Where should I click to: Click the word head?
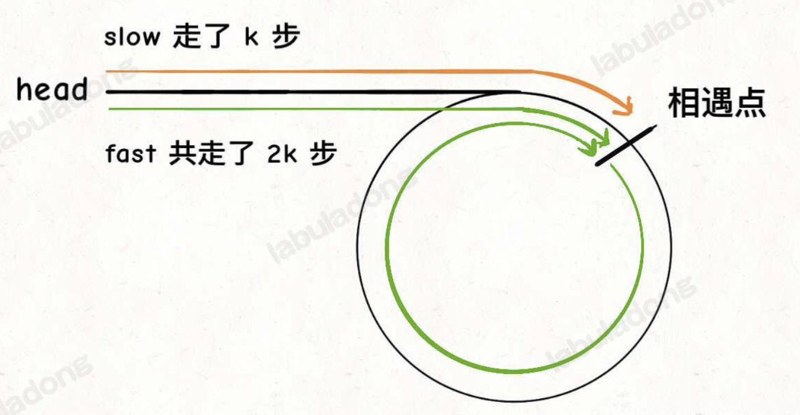[52, 91]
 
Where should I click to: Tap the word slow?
[132, 38]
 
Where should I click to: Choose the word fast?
[130, 154]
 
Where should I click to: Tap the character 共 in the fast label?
[181, 154]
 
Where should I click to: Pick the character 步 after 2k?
[323, 154]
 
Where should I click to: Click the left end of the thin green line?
[109, 108]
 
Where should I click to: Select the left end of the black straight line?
[108, 91]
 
